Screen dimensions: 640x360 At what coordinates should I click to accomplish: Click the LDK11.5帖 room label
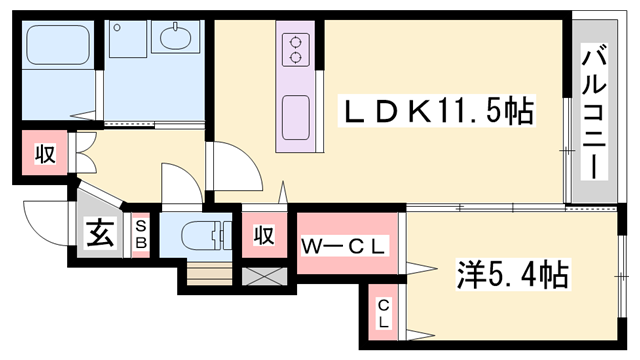tap(438, 111)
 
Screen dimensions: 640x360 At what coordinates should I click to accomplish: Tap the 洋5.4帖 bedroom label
tap(512, 275)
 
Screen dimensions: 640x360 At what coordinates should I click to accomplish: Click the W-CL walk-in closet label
tap(343, 246)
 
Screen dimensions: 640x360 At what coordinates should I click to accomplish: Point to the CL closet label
tap(383, 314)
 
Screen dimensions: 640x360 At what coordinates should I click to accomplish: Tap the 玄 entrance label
tap(100, 234)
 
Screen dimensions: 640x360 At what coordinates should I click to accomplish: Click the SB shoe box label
tap(141, 234)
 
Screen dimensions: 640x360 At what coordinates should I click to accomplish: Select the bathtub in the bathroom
tap(58, 44)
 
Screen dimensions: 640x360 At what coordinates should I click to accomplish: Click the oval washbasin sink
tap(176, 38)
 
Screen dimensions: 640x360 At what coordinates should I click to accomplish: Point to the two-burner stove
tap(296, 50)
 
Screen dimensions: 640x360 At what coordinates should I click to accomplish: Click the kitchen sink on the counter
tap(296, 118)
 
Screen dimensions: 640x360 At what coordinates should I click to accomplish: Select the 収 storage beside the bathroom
tap(44, 153)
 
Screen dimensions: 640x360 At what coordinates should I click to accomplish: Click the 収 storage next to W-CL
tap(264, 235)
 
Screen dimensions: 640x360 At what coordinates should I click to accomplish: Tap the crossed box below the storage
tap(264, 276)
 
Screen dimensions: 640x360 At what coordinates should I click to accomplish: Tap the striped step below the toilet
tap(209, 275)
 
